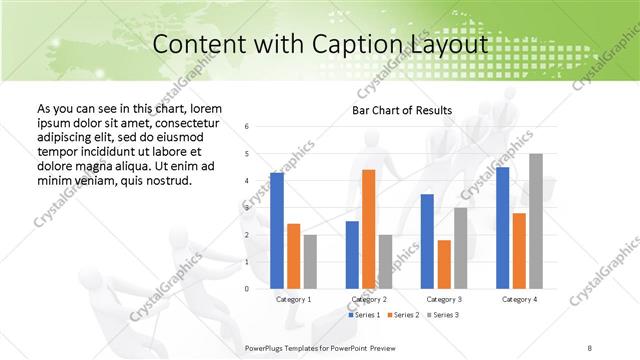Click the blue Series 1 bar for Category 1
(x=277, y=231)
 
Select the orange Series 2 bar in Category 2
(x=368, y=229)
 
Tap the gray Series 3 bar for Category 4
(x=536, y=221)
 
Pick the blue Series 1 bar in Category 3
(x=427, y=241)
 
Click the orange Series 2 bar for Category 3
(x=444, y=264)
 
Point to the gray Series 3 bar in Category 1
(x=310, y=262)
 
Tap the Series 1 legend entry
(x=365, y=315)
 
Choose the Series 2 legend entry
(x=403, y=315)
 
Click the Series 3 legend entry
(x=441, y=315)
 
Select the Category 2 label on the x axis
(x=369, y=299)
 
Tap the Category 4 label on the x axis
(x=518, y=299)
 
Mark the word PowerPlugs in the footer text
(x=268, y=347)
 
